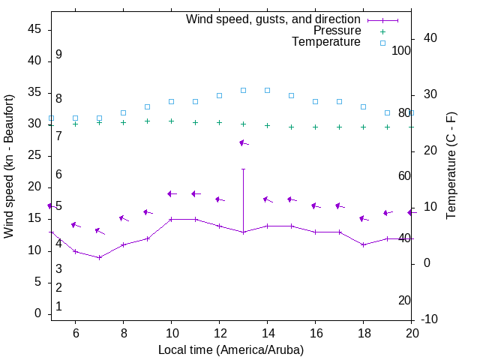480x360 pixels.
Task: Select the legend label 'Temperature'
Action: (x=326, y=43)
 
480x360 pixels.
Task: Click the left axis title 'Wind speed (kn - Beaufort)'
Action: (x=9, y=166)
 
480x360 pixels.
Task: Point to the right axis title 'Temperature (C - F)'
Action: (x=451, y=166)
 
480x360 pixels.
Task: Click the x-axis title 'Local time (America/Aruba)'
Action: (x=231, y=349)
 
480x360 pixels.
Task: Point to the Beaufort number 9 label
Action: (x=58, y=55)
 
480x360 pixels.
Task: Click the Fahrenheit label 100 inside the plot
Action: (x=401, y=50)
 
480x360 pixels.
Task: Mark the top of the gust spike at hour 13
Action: (x=243, y=169)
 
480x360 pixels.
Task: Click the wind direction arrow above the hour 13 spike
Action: (x=243, y=142)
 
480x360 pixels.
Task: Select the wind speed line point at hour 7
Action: (x=99, y=257)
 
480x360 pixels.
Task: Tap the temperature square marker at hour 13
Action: (x=243, y=90)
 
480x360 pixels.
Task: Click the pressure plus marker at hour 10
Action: (x=171, y=121)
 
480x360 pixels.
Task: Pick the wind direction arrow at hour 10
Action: (x=172, y=193)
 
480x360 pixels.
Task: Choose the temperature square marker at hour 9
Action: (x=147, y=106)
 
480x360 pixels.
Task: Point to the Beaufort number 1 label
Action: (x=58, y=307)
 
